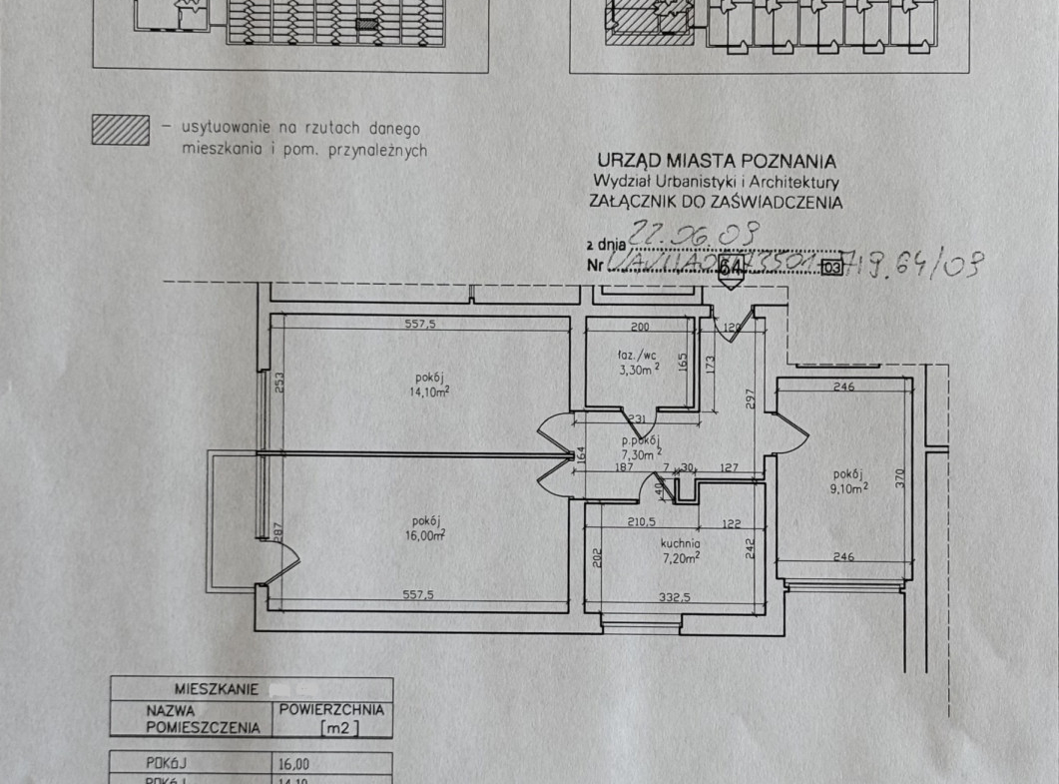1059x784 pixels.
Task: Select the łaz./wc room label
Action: coord(638,355)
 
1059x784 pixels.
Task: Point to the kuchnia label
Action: coord(679,543)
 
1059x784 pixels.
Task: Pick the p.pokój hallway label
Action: coord(639,440)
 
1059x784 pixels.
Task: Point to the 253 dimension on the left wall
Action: coord(280,382)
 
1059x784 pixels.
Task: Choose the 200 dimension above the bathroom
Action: coord(640,327)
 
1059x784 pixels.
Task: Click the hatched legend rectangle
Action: coord(121,131)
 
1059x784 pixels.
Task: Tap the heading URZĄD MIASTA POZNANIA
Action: coord(716,160)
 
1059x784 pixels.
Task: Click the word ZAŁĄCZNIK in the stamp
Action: coord(638,202)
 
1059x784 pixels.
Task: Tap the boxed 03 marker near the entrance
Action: coord(830,268)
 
